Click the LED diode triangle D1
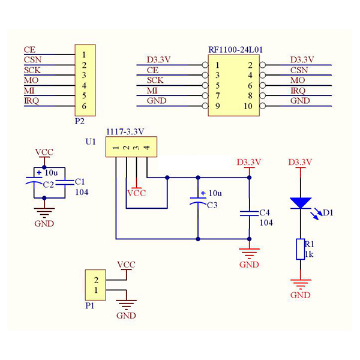(301, 203)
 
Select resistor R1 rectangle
(301, 249)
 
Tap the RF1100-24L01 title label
(235, 50)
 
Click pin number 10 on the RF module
(248, 106)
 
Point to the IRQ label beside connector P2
(31, 101)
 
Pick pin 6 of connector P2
(84, 106)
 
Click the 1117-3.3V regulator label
(125, 131)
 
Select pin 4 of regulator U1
(147, 148)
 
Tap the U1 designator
(91, 142)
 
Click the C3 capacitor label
(212, 205)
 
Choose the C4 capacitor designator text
(265, 213)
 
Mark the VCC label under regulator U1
(137, 193)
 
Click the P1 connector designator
(90, 305)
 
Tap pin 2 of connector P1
(96, 280)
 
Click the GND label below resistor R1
(301, 295)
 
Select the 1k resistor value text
(309, 254)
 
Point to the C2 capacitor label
(49, 184)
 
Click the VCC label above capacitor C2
(44, 152)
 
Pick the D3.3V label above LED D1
(301, 162)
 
